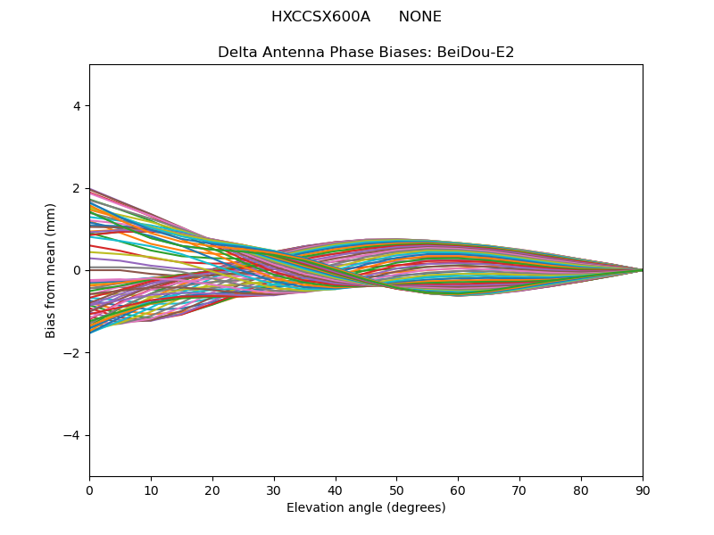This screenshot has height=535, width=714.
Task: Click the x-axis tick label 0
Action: (90, 491)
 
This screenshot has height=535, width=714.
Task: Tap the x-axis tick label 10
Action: (151, 491)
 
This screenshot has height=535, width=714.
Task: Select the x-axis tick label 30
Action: (274, 491)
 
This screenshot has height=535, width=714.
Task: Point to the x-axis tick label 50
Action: (396, 491)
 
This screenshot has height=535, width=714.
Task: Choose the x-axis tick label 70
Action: (519, 491)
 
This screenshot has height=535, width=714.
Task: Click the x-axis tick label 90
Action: (643, 491)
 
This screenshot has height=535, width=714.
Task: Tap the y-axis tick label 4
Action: (77, 106)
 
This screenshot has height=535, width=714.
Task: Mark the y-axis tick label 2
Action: (77, 188)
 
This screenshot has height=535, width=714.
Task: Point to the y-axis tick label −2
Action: (72, 353)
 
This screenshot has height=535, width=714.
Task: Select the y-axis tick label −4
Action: (72, 435)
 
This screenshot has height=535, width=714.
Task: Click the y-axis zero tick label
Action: (77, 271)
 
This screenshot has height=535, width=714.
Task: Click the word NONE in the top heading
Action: (419, 17)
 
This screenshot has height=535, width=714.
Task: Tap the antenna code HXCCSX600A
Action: (320, 17)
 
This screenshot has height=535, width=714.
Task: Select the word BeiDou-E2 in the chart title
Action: (476, 53)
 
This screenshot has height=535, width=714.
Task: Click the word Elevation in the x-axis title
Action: (311, 507)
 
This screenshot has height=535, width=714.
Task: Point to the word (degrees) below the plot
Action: (416, 507)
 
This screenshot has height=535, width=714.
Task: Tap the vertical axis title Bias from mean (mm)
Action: (50, 271)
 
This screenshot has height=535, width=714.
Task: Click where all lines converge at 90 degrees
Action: (643, 270)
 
